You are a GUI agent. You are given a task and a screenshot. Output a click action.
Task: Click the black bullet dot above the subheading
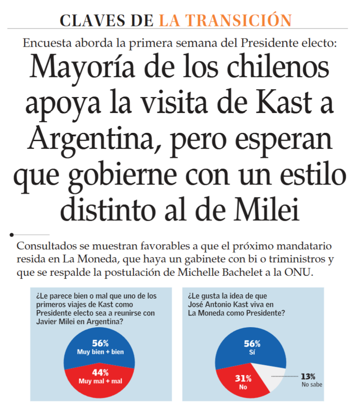[x=12, y=235]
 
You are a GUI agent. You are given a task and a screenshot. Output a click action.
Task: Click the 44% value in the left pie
[x=100, y=372]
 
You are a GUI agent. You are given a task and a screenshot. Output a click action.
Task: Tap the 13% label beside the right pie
[x=309, y=376]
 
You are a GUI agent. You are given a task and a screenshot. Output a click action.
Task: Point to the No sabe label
[x=312, y=384]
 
